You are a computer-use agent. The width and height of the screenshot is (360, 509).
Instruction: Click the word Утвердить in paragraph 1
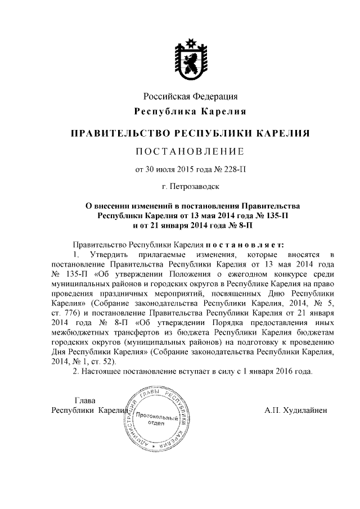click(x=104, y=255)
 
